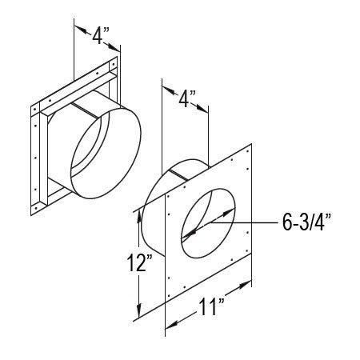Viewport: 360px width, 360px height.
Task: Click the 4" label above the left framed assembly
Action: pos(101,35)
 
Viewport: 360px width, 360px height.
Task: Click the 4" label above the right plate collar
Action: pos(187,98)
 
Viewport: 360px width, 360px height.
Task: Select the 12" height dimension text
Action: pos(139,263)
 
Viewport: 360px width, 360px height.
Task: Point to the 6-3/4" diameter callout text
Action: pos(307,222)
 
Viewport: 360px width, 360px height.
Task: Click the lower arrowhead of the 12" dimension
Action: pos(139,310)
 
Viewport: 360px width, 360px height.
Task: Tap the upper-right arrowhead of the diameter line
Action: pos(228,212)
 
